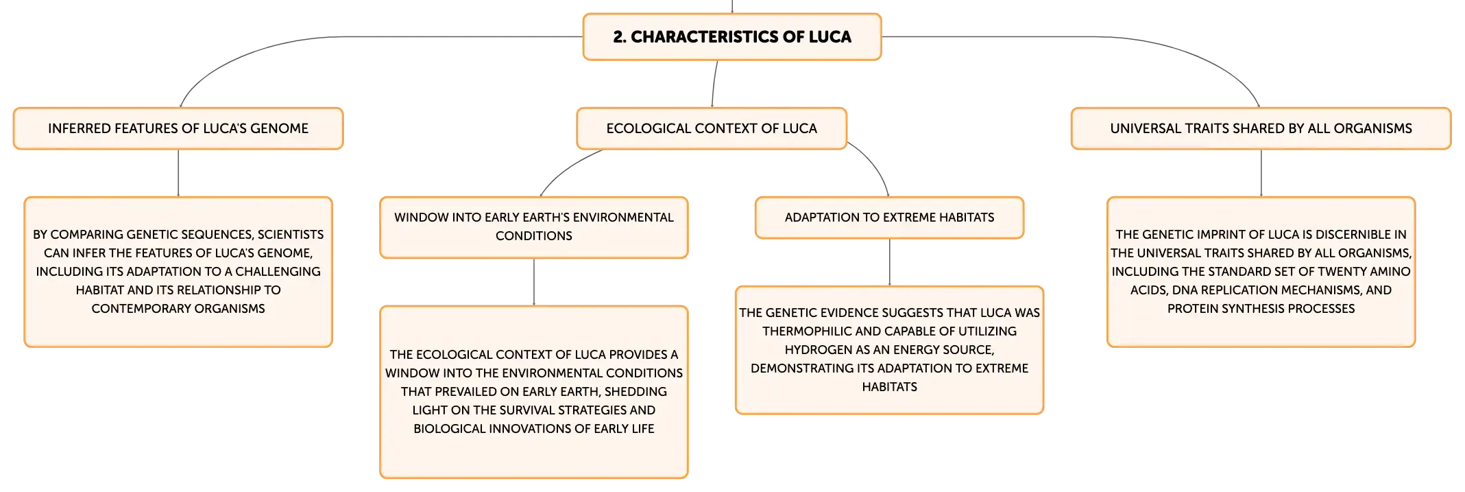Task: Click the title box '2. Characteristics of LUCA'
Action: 732,37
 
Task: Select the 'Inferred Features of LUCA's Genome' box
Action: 178,128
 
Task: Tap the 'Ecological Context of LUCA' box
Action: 712,128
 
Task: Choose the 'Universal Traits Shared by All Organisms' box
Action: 1261,128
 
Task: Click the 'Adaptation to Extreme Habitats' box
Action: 889,218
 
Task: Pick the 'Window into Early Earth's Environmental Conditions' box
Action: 534,227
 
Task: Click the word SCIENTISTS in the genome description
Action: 291,235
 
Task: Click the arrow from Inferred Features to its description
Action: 178,173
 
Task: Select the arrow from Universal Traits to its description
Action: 1261,173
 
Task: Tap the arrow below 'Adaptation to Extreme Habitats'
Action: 890,262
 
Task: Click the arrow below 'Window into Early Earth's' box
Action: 534,282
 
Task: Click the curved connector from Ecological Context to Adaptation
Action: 875,163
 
